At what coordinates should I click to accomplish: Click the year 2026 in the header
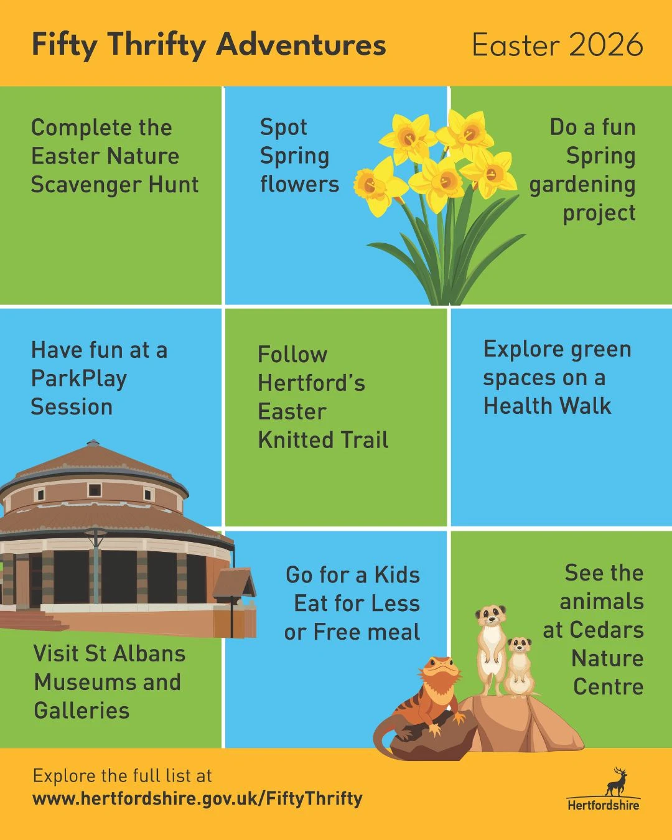point(605,45)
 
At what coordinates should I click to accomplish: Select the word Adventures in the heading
point(301,44)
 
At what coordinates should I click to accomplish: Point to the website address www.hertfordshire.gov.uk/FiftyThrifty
point(198,799)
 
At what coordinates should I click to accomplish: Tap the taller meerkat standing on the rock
point(492,650)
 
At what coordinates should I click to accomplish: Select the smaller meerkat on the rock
point(520,668)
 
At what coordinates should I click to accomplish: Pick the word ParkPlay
point(79,379)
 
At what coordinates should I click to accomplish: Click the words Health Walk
point(547,406)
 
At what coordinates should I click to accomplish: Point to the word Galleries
point(82,711)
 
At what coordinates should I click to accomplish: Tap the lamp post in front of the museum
point(96,566)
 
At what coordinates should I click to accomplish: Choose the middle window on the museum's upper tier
point(95,490)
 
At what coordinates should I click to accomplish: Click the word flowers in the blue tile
point(299,184)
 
